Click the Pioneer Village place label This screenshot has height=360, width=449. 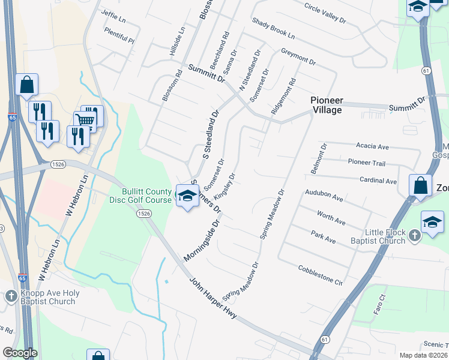pos(327,105)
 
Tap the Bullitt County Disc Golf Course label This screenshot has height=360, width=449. pos(146,196)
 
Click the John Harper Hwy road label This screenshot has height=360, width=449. pos(213,299)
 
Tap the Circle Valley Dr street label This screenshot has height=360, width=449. pos(325,13)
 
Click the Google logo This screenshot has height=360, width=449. pos(20,353)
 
